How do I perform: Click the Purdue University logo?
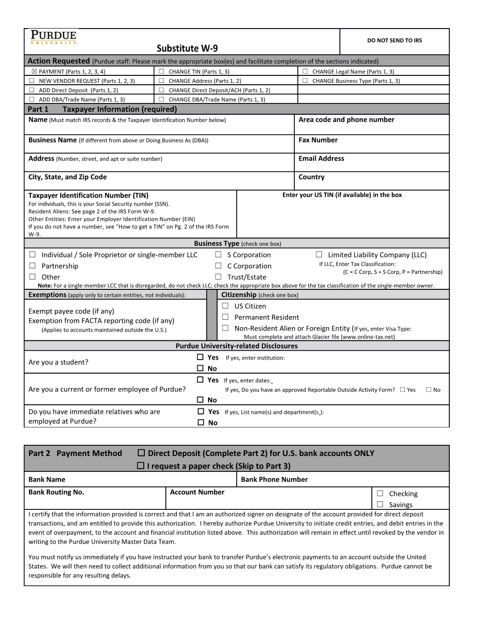(53, 37)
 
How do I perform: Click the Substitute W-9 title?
(187, 48)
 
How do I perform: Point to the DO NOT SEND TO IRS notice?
(394, 41)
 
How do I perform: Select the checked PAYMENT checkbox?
(34, 72)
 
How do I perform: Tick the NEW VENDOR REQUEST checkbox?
(32, 81)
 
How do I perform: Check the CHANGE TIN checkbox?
(161, 72)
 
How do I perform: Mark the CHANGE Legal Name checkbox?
(305, 72)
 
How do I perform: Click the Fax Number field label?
(318, 140)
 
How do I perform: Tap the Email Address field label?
(321, 159)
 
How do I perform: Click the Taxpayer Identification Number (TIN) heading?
(88, 196)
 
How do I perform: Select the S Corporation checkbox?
(218, 255)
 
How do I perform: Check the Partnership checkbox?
(33, 266)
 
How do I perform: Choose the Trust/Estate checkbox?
(218, 277)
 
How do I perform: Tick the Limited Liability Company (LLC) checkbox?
(319, 255)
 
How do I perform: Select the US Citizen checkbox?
(225, 306)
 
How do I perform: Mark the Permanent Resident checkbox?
(225, 317)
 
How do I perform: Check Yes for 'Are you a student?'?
(200, 357)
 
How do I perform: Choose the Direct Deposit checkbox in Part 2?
(141, 453)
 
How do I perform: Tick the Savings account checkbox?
(380, 504)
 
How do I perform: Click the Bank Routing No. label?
(56, 492)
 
